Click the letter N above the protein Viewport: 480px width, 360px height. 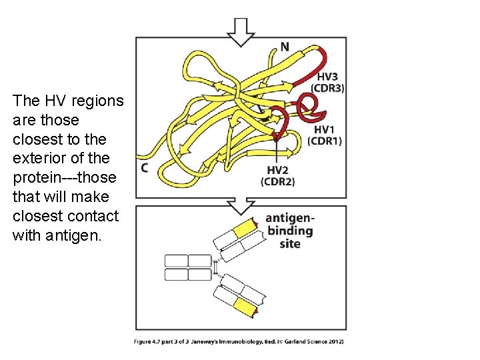285,47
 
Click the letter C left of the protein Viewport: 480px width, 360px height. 144,168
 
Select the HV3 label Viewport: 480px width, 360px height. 327,77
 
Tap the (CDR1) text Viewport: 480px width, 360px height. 325,141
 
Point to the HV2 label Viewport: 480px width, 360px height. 277,171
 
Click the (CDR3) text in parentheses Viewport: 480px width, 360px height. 327,89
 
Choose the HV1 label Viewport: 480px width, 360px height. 325,129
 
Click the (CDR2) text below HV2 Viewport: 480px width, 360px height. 277,182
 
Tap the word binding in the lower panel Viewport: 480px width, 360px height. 290,231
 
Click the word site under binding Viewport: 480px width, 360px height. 290,243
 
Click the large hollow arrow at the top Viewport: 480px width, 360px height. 241,31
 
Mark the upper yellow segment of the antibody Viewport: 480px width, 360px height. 245,229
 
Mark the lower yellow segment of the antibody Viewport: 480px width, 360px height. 245,307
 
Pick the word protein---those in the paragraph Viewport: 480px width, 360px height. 64,178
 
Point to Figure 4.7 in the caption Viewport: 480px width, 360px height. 157,342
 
